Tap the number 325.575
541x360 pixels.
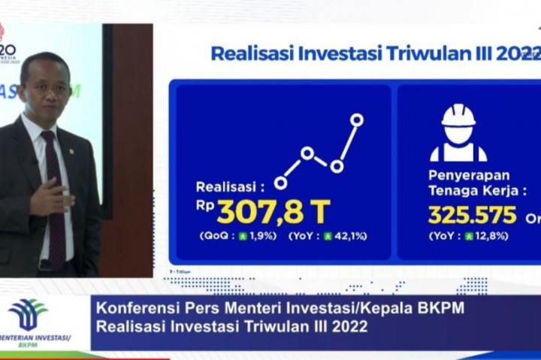[x=473, y=215]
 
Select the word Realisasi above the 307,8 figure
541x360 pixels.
[x=226, y=186]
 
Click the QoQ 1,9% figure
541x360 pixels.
[x=238, y=236]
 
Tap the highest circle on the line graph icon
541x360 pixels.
[x=357, y=119]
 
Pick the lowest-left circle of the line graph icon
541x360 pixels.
[x=281, y=183]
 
